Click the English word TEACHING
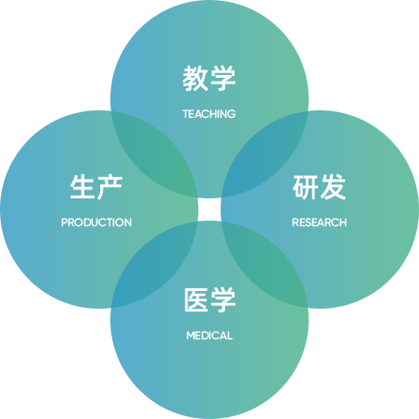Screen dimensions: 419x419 pos(209,114)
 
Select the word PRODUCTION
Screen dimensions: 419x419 pos(96,222)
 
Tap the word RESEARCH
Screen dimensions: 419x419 pos(319,222)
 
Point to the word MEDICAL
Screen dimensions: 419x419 pos(209,336)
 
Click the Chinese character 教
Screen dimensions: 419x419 pos(196,79)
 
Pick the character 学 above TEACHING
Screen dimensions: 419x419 pos(223,79)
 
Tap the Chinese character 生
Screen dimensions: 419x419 pos(83,187)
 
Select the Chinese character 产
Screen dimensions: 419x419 pos(110,187)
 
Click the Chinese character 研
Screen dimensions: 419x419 pos(305,187)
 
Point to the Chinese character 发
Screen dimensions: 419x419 pos(333,187)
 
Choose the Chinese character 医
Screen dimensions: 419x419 pos(196,299)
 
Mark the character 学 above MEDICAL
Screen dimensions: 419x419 pos(223,299)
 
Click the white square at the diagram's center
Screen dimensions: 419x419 pos(209,209)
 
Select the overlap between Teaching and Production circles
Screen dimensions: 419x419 pos(155,154)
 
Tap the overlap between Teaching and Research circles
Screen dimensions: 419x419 pos(265,154)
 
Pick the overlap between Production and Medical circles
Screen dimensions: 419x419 pos(155,265)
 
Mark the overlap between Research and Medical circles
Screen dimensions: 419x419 pos(265,265)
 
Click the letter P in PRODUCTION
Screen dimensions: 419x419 pos(64,222)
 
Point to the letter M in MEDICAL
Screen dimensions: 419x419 pos(191,336)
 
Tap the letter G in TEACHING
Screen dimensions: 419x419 pos(232,114)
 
